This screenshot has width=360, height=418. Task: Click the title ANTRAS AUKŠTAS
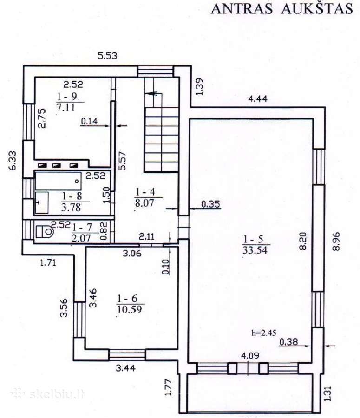click(282, 9)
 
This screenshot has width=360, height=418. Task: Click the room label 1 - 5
click(253, 239)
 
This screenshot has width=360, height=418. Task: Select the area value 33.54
click(255, 250)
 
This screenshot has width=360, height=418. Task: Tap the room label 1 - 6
click(127, 298)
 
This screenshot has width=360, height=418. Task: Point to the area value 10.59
click(129, 309)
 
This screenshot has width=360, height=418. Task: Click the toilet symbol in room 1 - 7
click(45, 231)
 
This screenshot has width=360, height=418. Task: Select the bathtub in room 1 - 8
click(59, 181)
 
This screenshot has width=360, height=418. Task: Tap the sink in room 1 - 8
click(42, 202)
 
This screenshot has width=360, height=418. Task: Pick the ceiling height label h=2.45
click(263, 333)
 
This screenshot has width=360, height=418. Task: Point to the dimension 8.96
click(336, 241)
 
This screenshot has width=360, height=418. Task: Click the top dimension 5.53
click(107, 56)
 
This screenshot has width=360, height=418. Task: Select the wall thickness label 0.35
click(211, 204)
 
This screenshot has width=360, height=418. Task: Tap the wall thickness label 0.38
click(288, 341)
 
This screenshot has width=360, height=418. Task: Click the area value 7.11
click(65, 107)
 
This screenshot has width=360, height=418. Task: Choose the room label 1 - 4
click(145, 192)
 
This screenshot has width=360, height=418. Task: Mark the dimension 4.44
click(258, 99)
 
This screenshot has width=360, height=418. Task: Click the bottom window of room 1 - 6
click(127, 355)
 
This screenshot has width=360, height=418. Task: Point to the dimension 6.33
click(12, 161)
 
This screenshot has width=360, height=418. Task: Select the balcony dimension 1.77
click(168, 387)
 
